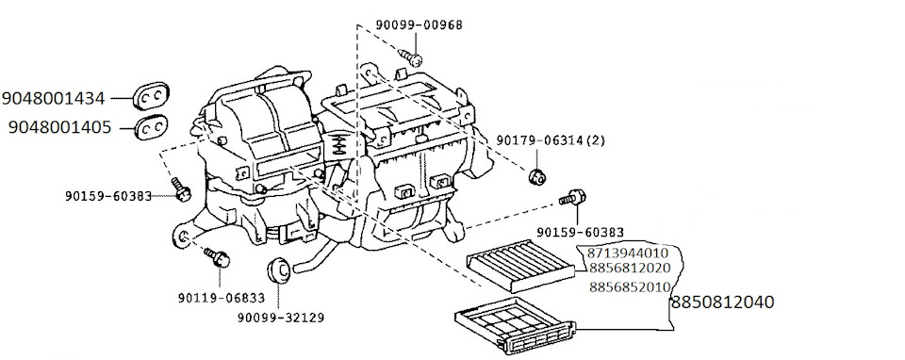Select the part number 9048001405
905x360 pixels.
tap(60, 126)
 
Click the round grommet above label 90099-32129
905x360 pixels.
tap(279, 270)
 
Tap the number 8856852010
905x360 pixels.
tap(629, 286)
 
